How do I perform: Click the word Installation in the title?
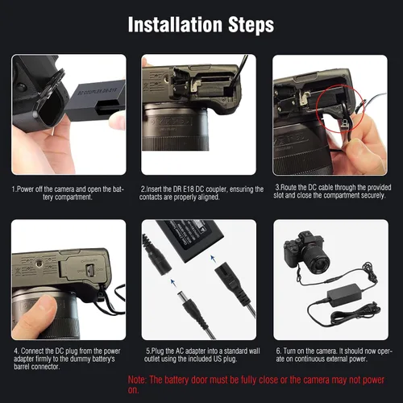click(175, 25)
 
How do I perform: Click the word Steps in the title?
click(251, 25)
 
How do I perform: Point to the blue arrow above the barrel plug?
click(172, 282)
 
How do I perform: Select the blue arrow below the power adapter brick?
click(213, 259)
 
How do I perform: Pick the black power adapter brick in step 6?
click(344, 295)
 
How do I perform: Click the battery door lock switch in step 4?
click(89, 270)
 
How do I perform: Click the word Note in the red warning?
click(137, 380)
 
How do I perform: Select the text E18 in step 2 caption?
click(188, 189)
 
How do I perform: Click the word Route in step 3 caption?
click(289, 187)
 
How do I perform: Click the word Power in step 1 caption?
click(24, 189)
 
